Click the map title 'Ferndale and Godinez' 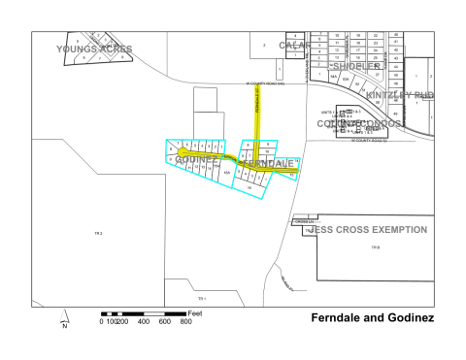click(x=373, y=318)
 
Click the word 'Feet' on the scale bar click(x=194, y=312)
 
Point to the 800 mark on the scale click(x=186, y=321)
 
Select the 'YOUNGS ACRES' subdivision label click(x=95, y=49)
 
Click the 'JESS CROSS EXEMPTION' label click(x=367, y=230)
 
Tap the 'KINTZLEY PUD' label click(x=400, y=95)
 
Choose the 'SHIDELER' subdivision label click(x=356, y=67)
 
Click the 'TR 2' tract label click(x=98, y=234)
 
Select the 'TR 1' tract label click(x=202, y=298)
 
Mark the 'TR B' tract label click(x=375, y=248)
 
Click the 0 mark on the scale click(x=102, y=321)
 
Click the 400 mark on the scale click(x=144, y=321)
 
